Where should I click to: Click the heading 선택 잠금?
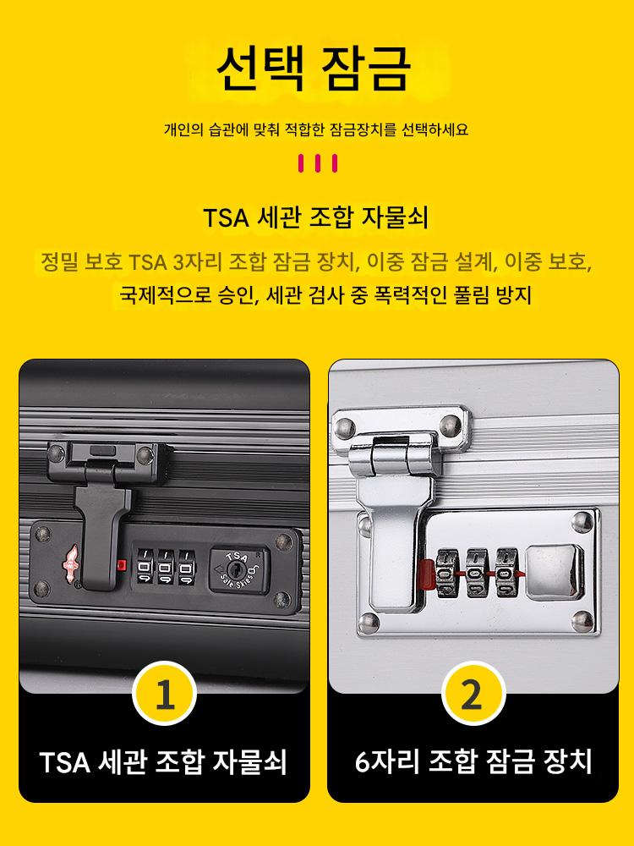(x=314, y=69)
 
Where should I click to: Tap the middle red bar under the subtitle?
(x=317, y=163)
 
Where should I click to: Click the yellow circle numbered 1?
(x=165, y=694)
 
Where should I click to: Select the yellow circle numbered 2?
(x=473, y=694)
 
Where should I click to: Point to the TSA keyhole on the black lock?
(x=236, y=569)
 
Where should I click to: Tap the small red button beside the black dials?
(x=121, y=565)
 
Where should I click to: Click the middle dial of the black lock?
(x=166, y=567)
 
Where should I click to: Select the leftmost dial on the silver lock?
(x=447, y=573)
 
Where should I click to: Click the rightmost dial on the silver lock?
(x=506, y=573)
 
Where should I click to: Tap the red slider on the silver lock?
(x=426, y=574)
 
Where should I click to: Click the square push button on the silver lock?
(x=555, y=572)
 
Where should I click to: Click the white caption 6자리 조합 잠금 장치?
(x=473, y=762)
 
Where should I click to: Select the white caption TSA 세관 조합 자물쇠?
(x=163, y=762)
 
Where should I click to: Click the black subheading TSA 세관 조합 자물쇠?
(x=316, y=218)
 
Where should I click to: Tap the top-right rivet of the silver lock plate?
(x=582, y=522)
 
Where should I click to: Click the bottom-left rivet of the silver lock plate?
(x=369, y=622)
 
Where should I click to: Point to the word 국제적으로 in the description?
(x=165, y=295)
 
